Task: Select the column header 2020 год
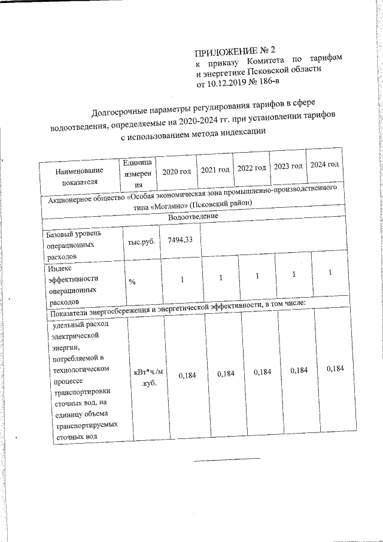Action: pyautogui.click(x=177, y=171)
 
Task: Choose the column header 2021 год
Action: pyautogui.click(x=215, y=169)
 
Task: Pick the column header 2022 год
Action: pyautogui.click(x=252, y=168)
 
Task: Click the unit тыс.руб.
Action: pyautogui.click(x=141, y=243)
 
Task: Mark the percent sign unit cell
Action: pyautogui.click(x=131, y=282)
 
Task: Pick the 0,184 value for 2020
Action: pyautogui.click(x=183, y=374)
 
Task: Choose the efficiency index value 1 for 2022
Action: pyautogui.click(x=257, y=277)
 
